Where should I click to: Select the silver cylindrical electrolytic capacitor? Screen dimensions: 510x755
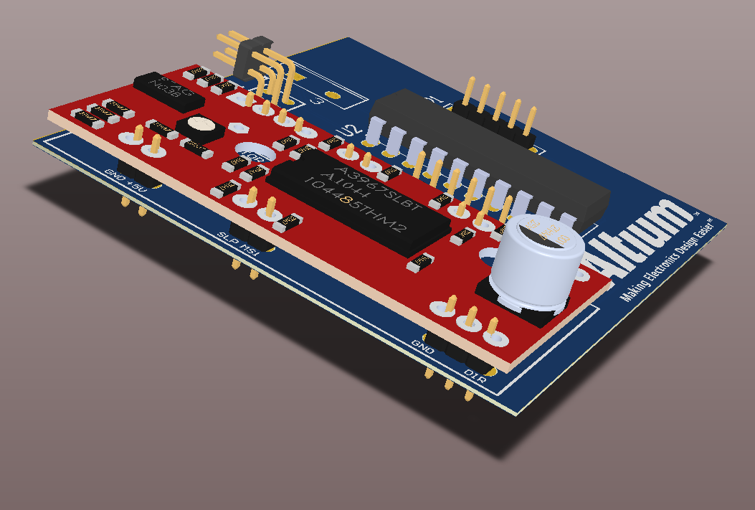[x=538, y=263]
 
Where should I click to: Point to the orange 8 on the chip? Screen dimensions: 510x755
[x=348, y=202]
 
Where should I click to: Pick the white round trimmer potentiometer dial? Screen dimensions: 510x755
[x=200, y=127]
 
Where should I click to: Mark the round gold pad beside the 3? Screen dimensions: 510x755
[x=332, y=95]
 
